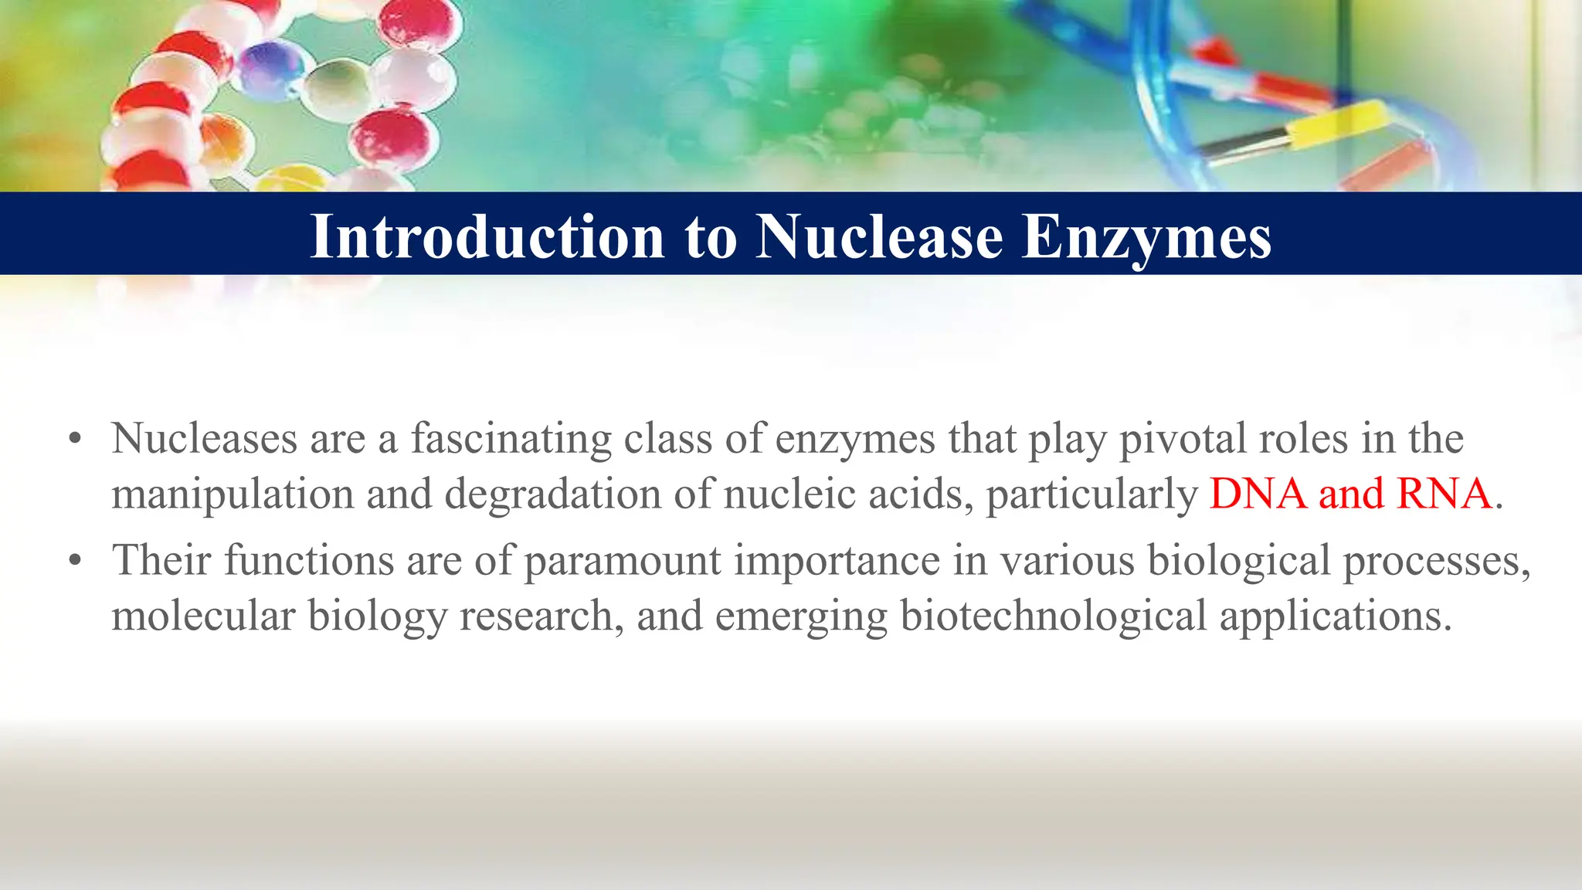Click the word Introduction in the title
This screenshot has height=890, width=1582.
coord(487,236)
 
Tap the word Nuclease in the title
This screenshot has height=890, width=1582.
coord(879,236)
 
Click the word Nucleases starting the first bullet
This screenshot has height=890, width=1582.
coord(205,439)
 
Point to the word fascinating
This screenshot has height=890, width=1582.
coord(511,439)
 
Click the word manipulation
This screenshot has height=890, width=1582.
coord(233,494)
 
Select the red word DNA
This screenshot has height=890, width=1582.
coord(1258,494)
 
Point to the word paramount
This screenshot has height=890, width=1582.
coord(623,561)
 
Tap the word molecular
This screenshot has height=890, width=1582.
coord(203,617)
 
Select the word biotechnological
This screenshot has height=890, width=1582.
coord(1053,617)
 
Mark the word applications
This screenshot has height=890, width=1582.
coord(1336,617)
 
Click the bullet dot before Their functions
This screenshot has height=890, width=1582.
coord(75,562)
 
